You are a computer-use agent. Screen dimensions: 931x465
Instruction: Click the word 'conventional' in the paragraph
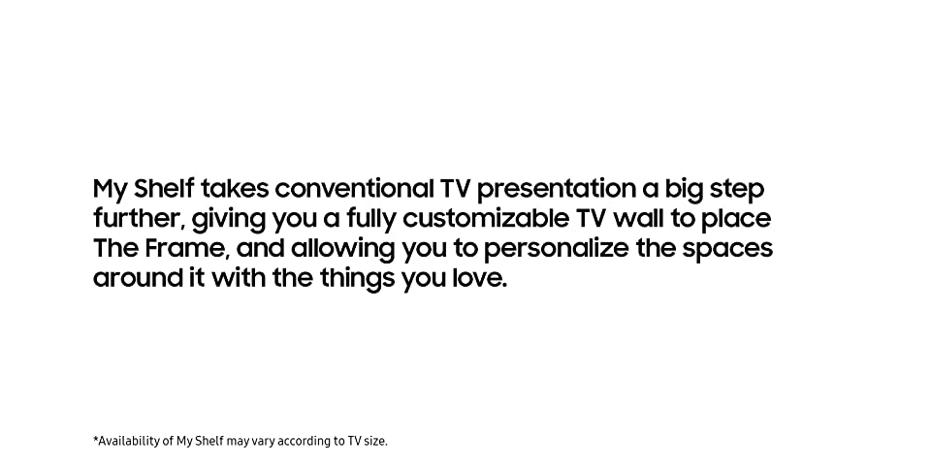click(355, 189)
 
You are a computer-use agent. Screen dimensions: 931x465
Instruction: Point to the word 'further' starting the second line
click(137, 219)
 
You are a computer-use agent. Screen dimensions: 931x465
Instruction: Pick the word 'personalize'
click(555, 250)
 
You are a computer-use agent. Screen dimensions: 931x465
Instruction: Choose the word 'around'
click(137, 278)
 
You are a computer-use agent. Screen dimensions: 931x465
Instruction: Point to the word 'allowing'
click(342, 250)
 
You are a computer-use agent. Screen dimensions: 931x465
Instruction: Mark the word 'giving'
click(229, 220)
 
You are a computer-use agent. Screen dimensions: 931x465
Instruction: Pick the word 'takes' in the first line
click(235, 189)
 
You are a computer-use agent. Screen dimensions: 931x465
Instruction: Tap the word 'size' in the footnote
click(373, 442)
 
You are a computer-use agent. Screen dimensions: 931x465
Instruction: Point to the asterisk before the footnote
click(96, 438)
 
